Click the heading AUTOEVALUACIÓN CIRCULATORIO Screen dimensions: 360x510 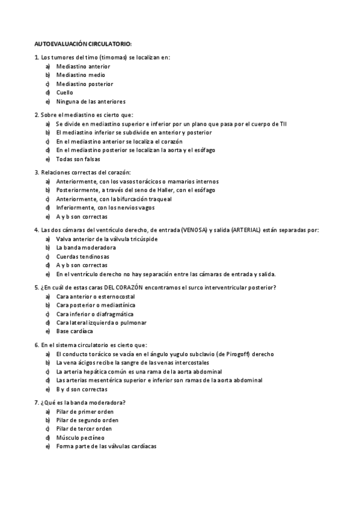[83, 45]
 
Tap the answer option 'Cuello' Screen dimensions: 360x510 [65, 93]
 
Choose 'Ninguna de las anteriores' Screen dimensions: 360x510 [91, 102]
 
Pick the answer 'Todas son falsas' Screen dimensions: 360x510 [78, 159]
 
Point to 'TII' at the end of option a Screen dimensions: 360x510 [283, 123]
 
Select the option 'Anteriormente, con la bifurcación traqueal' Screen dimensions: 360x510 [114, 199]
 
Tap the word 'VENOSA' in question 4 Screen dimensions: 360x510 [190, 230]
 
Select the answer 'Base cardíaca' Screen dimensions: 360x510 [75, 331]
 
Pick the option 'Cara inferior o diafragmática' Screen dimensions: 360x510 [95, 314]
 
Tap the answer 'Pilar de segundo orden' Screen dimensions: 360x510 [87, 420]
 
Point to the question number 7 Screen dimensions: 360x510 [37, 402]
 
